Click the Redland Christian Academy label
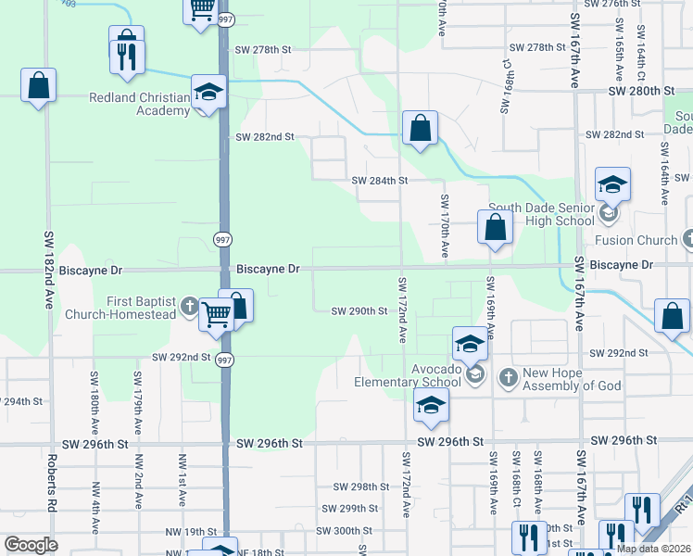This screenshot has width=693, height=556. (138, 104)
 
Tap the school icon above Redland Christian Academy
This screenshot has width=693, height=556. (209, 92)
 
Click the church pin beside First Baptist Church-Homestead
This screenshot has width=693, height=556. (189, 305)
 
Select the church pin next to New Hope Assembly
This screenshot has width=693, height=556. (507, 377)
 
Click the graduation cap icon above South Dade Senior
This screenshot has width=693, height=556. (612, 184)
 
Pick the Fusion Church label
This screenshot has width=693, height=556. (636, 240)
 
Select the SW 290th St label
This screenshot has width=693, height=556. (359, 311)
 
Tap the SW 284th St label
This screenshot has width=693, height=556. (380, 181)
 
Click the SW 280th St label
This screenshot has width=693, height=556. (640, 91)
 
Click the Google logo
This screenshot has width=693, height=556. (31, 545)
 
